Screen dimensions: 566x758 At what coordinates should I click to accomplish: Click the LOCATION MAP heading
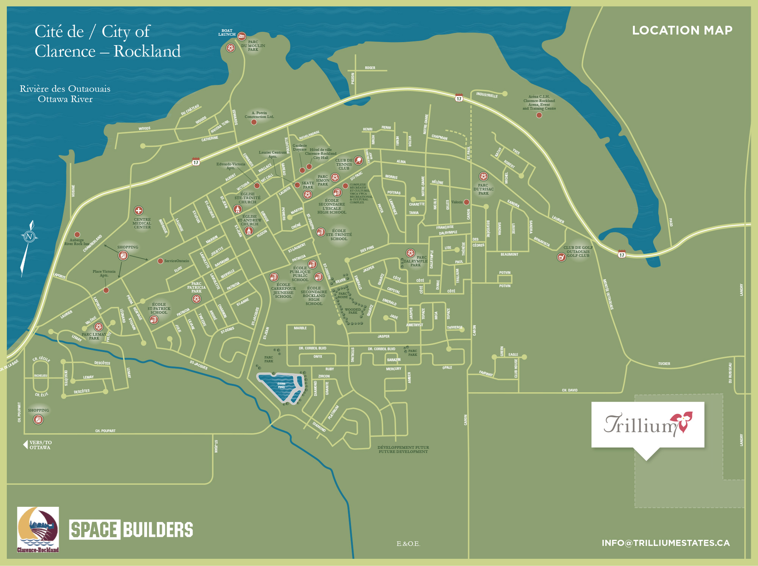coord(682,30)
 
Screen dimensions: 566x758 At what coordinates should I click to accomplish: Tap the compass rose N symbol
coord(29,237)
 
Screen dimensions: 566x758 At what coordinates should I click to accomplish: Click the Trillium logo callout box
coord(648,424)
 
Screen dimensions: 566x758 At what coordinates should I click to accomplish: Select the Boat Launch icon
coord(241,36)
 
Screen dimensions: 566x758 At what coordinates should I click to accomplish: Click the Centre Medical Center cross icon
coord(139,211)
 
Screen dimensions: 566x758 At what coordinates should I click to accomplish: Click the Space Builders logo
coord(131,530)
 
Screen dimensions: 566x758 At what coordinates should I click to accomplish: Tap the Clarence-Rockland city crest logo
coord(38,530)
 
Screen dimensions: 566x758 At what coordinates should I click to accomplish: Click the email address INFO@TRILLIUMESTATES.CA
coord(666,543)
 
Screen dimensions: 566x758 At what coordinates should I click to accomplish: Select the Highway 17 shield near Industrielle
coord(459,98)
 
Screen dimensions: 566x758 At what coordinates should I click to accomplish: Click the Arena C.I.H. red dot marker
coord(539,115)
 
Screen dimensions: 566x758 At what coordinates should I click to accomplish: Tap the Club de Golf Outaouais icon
coord(561,257)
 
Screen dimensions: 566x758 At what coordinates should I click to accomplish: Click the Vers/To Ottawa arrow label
coord(38,445)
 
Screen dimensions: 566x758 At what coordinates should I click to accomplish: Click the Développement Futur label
coord(403,450)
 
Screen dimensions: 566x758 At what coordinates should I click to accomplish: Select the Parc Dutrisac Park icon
coord(483,176)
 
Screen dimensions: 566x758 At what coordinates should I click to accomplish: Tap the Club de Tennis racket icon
coord(358,160)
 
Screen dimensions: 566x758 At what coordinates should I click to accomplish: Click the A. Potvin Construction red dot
coord(254,122)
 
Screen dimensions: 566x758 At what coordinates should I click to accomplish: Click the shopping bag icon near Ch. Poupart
coord(38,420)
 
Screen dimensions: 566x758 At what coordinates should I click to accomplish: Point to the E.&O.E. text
coord(408,544)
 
